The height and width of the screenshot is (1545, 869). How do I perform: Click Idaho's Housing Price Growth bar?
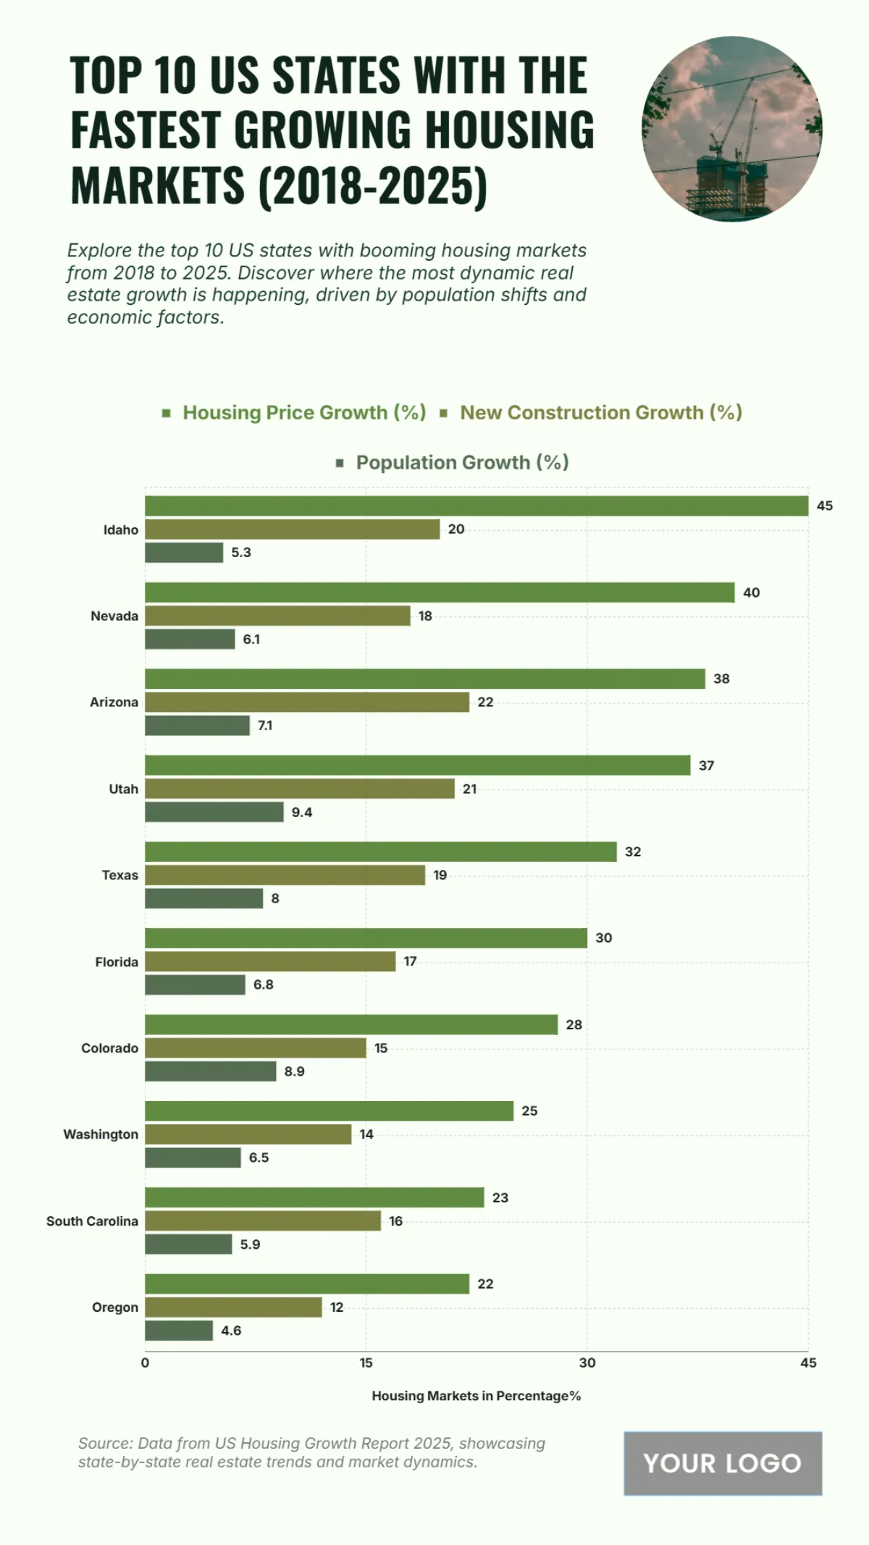coord(477,506)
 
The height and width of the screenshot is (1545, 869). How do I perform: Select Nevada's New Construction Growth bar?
coord(277,616)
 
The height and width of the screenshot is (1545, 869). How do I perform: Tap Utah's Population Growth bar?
coord(214,812)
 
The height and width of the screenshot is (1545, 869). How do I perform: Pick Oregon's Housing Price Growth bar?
coord(307,1284)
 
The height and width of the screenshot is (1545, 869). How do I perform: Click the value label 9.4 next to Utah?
coord(302,812)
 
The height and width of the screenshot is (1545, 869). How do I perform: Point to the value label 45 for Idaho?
coord(824,506)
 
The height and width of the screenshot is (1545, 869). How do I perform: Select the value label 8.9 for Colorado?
coord(294,1071)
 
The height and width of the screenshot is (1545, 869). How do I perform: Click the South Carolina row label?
coord(92,1221)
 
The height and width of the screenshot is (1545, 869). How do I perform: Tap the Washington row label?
coord(101,1134)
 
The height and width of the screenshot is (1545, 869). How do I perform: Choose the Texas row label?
coord(119,875)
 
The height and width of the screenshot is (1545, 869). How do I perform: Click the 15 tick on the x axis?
coord(366,1362)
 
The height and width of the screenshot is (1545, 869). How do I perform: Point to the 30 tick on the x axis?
coord(587,1362)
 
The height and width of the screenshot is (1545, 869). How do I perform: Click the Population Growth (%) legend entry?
coord(462,462)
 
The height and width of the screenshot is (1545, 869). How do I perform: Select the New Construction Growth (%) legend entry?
coord(600,412)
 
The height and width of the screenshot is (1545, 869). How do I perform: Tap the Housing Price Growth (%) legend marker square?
coord(167,413)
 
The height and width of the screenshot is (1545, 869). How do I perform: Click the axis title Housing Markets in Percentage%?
coord(476,1396)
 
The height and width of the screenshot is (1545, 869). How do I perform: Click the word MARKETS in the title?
coord(158,185)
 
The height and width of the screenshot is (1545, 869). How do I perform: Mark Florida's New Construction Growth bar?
coord(270,961)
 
